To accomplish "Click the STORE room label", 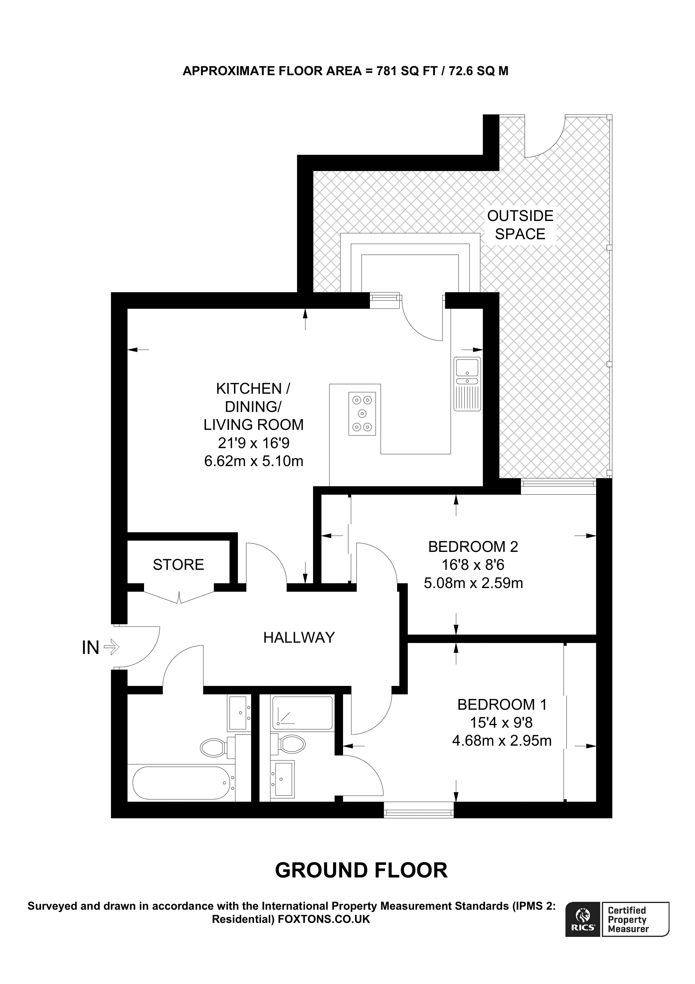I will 178,565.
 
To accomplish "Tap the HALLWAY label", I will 299,637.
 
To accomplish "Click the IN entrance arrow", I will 111,647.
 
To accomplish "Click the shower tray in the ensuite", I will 302,713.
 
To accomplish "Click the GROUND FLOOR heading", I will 361,871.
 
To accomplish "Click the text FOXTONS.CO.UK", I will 324,919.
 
